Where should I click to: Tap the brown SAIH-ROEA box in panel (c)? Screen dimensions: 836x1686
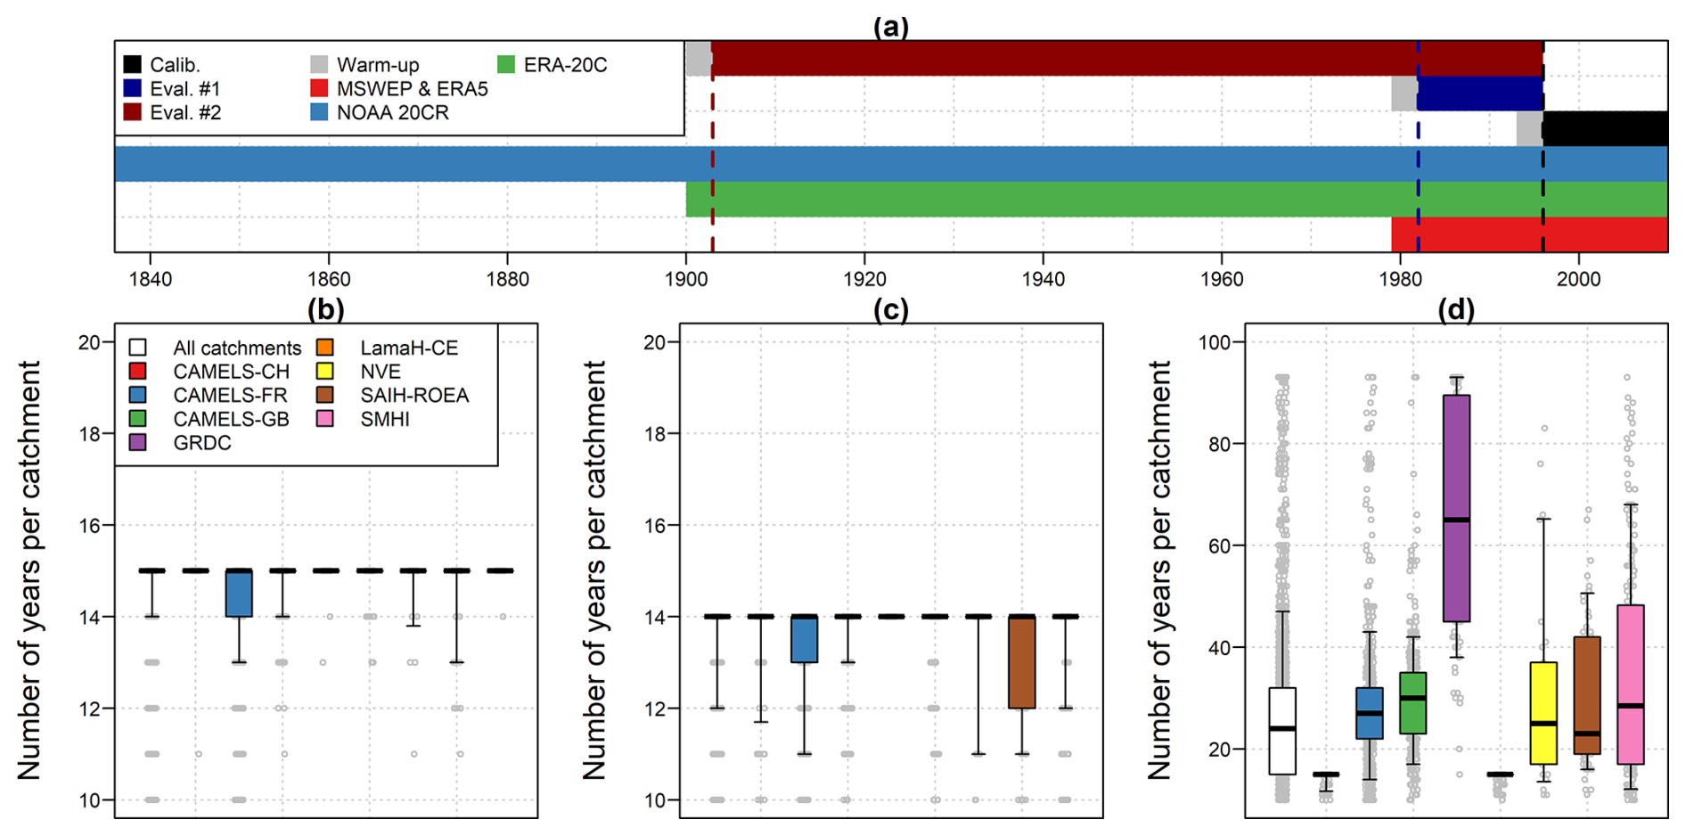(x=1021, y=662)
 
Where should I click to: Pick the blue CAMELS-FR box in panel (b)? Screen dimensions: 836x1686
(x=239, y=594)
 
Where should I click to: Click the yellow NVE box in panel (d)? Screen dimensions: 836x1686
(x=1543, y=713)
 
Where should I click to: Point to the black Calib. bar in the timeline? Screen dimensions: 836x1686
(x=1605, y=128)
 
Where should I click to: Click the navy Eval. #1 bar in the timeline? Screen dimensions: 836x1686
(x=1479, y=94)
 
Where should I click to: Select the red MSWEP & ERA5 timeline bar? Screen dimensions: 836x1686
(x=1529, y=234)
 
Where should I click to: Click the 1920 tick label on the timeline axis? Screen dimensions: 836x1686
(x=863, y=279)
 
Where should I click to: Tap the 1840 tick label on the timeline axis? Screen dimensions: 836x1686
(x=150, y=279)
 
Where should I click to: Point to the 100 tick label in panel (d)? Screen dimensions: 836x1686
(x=1219, y=342)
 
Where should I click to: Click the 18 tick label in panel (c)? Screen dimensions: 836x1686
(x=656, y=434)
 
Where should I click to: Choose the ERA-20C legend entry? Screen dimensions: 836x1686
(x=552, y=65)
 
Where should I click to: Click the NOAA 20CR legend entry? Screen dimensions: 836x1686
(x=380, y=113)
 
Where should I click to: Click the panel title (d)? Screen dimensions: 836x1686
(x=1455, y=309)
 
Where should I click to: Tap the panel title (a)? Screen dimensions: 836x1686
(x=890, y=27)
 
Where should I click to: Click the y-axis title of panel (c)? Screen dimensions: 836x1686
(x=593, y=570)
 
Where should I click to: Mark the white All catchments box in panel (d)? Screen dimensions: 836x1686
(x=1282, y=731)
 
